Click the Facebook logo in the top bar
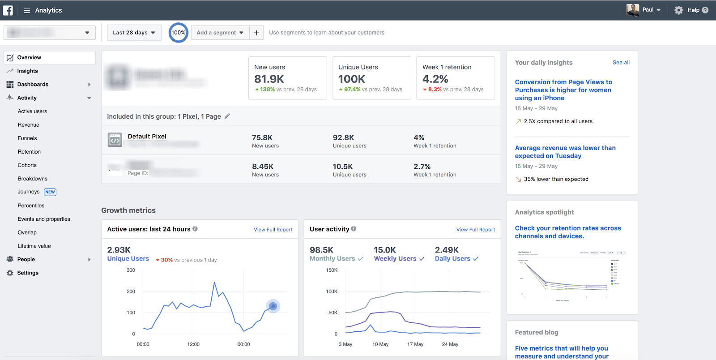coord(8,10)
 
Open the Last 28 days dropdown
coord(134,33)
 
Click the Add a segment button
coord(220,33)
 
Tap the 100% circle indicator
coord(178,33)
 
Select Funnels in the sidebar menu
coord(27,138)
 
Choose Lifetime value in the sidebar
coord(34,246)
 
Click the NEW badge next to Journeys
coord(50,192)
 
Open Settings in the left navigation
coord(28,273)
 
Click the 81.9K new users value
coord(269,79)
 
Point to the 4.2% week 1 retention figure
coord(435,79)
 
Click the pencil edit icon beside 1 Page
coord(227,116)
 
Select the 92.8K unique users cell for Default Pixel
coord(343,137)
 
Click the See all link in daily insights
coord(621,63)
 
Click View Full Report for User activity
coord(475,230)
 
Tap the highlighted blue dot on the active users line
coord(273,306)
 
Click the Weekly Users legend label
coord(395,259)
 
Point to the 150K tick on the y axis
coord(332,270)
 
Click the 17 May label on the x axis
coord(415,344)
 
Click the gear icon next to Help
coord(678,10)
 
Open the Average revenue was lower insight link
coord(565,152)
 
